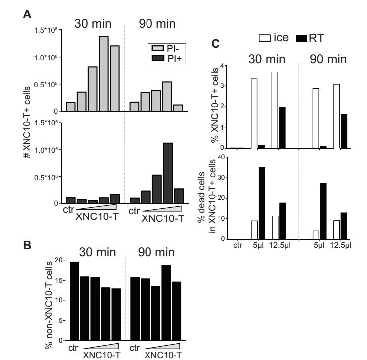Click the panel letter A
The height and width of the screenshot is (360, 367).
point(28,14)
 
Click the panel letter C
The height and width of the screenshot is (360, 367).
point(216,44)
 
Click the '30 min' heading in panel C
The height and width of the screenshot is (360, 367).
point(267,59)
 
